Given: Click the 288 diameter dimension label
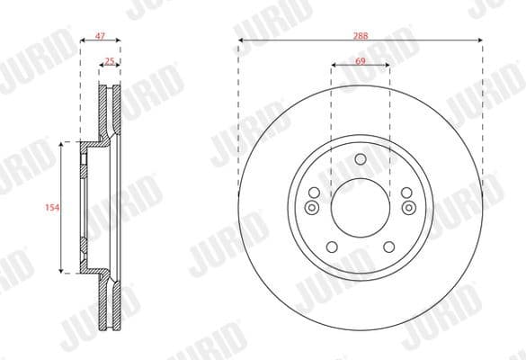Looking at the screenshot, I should point(360,37).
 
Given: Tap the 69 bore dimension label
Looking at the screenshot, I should point(360,60).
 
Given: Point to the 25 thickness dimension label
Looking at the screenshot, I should point(110,60).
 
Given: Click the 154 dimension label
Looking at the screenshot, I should point(51,208).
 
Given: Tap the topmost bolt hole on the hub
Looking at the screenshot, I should point(360,160).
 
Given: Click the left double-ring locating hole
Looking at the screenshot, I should point(313,208).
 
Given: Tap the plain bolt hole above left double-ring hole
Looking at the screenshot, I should point(314,193).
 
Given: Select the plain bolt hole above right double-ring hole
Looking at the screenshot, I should point(406,193).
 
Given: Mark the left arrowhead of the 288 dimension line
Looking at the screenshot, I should point(240,42).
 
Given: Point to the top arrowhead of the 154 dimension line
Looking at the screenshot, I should point(62,145).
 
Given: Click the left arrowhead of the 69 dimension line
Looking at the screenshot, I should point(334,66).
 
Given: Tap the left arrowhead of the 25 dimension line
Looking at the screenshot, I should point(101,66).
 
